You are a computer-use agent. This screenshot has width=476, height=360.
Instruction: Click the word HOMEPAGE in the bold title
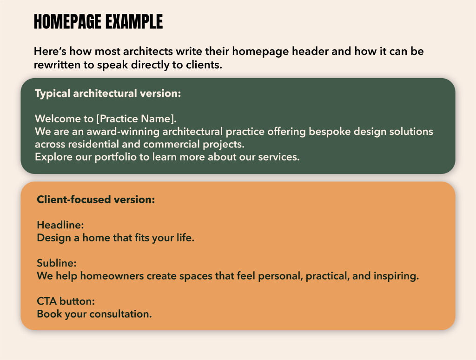point(67,21)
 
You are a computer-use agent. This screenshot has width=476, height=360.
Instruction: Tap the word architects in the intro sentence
point(148,51)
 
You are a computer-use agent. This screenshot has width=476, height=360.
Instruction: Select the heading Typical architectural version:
point(108,93)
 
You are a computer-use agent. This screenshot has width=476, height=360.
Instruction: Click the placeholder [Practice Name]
point(136,119)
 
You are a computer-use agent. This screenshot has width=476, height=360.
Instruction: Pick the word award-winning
point(123,132)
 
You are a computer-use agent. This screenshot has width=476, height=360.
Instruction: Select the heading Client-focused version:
point(96,200)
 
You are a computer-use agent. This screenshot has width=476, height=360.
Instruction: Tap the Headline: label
point(60,225)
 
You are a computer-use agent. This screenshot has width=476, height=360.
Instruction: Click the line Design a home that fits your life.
point(115,238)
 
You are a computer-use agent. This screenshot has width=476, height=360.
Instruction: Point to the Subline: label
point(56,263)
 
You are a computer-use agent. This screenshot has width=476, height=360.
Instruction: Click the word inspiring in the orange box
point(396,276)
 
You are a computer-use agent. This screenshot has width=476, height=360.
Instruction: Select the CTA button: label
point(66,301)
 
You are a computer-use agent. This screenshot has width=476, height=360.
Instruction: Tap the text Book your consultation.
point(94,314)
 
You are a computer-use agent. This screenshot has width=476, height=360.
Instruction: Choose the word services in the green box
point(279,157)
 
